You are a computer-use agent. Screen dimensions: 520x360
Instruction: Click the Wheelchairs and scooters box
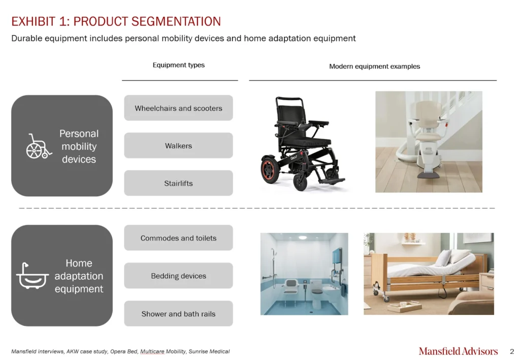coord(178,108)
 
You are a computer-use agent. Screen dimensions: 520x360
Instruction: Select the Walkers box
coord(178,146)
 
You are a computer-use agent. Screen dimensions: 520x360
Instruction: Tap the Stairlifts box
coord(178,183)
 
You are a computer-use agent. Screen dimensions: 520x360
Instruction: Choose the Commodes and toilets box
coord(178,238)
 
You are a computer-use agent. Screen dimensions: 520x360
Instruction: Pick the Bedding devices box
coord(178,276)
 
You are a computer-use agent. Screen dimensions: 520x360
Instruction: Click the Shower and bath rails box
coord(178,314)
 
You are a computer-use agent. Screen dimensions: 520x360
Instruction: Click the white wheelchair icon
coord(39,147)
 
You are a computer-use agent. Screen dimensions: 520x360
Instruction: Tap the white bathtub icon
coord(32,276)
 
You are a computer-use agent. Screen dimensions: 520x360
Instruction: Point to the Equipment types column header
coord(178,65)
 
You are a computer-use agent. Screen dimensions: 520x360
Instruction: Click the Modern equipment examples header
coord(374,67)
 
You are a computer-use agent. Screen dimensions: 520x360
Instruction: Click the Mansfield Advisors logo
coord(458,351)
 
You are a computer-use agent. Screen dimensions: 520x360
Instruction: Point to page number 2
coord(512,351)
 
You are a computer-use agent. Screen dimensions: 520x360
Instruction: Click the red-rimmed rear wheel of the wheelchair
coord(270,169)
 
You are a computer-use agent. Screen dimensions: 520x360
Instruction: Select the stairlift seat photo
coord(429,142)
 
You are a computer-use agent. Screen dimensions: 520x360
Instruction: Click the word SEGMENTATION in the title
coord(176,21)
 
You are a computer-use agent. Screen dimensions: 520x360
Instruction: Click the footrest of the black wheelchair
coord(333,181)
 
